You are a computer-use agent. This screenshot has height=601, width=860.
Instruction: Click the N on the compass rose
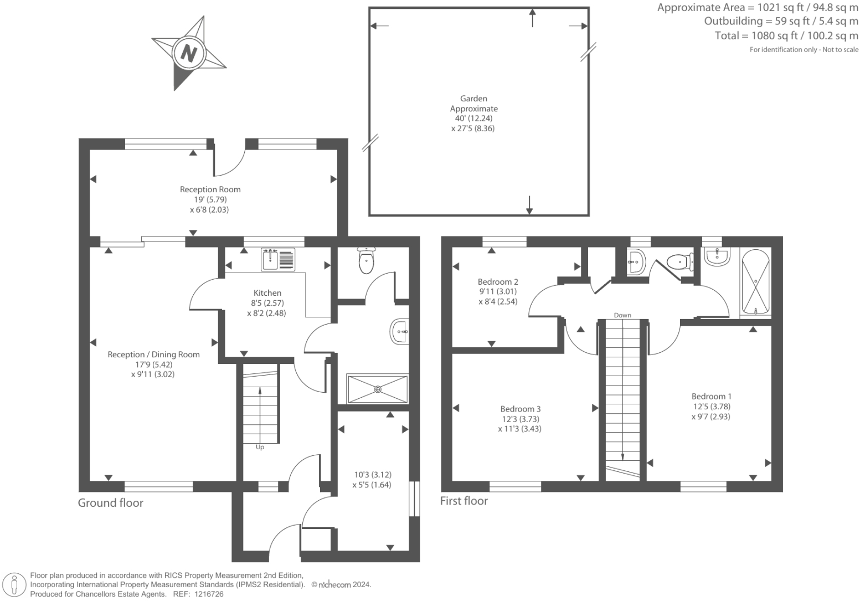coord(189,54)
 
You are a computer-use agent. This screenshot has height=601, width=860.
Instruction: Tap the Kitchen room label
coord(267,293)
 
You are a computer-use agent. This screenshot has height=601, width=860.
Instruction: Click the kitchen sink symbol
coord(279,260)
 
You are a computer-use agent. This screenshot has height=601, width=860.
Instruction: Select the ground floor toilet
coord(367,261)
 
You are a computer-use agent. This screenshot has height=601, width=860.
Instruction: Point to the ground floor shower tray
coord(378,389)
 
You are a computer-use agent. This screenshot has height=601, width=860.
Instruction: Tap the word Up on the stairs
coord(260,447)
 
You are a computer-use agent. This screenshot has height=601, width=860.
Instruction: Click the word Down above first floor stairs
coord(622,315)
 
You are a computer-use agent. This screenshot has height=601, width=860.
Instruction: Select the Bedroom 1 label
coord(711,397)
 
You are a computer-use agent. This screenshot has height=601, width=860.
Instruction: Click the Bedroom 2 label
coord(497,281)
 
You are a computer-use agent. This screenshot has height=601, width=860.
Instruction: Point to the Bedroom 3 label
coord(519,409)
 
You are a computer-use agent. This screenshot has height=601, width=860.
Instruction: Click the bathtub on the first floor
coord(755,282)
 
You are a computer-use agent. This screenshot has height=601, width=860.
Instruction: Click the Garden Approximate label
coord(473,104)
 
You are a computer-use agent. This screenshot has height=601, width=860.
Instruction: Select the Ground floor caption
coord(110,503)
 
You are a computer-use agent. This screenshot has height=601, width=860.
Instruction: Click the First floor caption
coord(464,501)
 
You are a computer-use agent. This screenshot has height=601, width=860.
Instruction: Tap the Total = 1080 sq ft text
coord(786,36)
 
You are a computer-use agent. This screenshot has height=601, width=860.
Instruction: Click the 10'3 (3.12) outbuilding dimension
coord(373,475)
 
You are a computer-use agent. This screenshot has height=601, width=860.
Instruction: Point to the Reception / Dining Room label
coord(153,355)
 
